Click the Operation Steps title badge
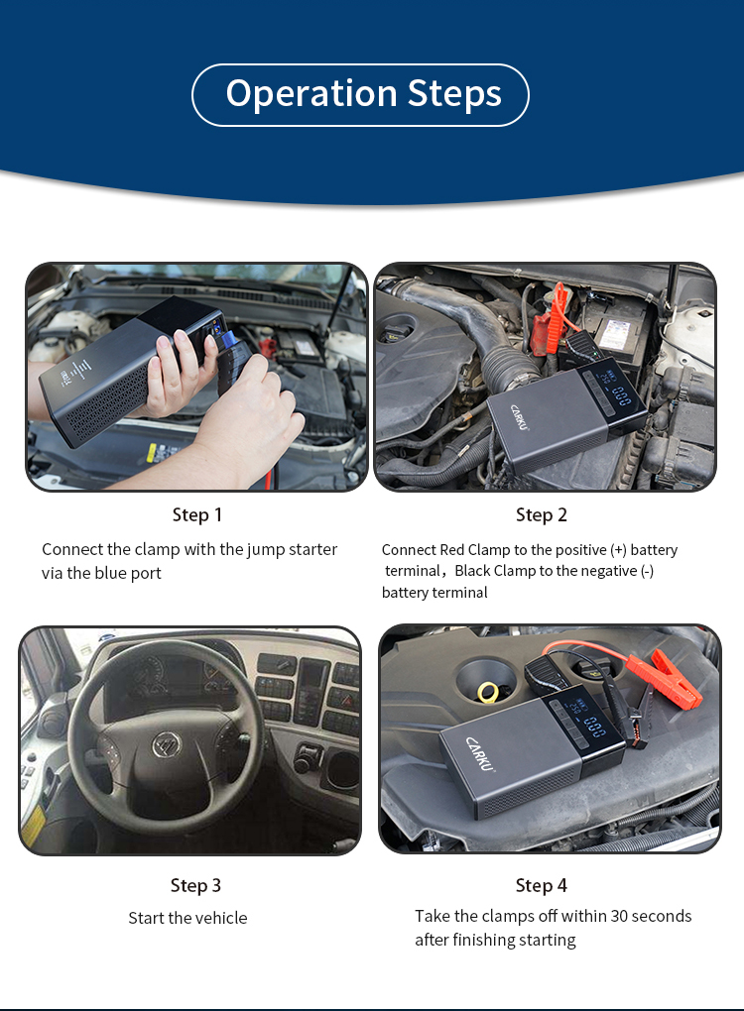coord(361,94)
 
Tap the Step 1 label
coord(197,514)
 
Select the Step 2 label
coord(542,514)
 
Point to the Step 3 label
coord(195,885)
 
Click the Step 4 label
coord(542,885)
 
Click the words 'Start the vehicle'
coord(187,918)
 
